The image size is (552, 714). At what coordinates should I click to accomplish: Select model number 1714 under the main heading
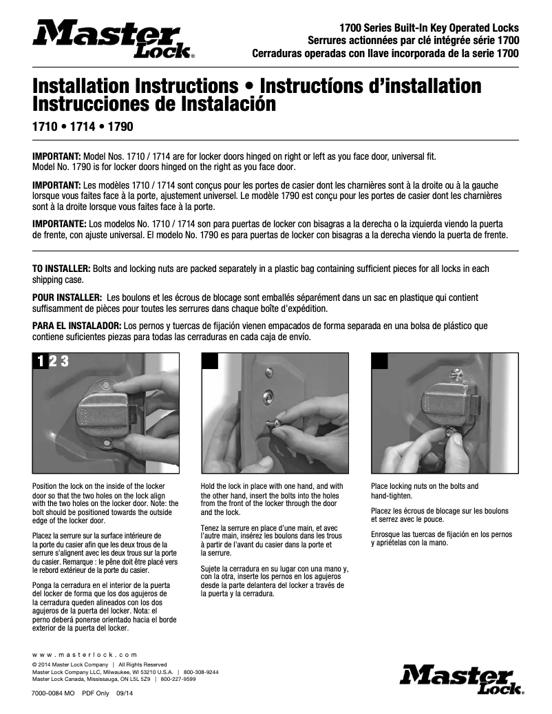(82, 127)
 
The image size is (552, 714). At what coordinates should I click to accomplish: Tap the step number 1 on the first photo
(41, 361)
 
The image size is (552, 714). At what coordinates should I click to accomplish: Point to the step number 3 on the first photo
(63, 361)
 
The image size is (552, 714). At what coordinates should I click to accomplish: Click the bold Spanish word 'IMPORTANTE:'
(60, 224)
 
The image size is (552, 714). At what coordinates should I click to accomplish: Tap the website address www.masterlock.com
(85, 654)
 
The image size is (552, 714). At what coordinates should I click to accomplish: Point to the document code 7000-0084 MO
(53, 693)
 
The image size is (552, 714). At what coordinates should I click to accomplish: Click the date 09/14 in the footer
(125, 693)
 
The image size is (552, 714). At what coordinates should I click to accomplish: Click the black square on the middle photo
(209, 361)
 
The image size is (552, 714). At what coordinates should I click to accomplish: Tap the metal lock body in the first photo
(107, 413)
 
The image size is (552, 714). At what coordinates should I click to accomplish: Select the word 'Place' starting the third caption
(380, 486)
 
